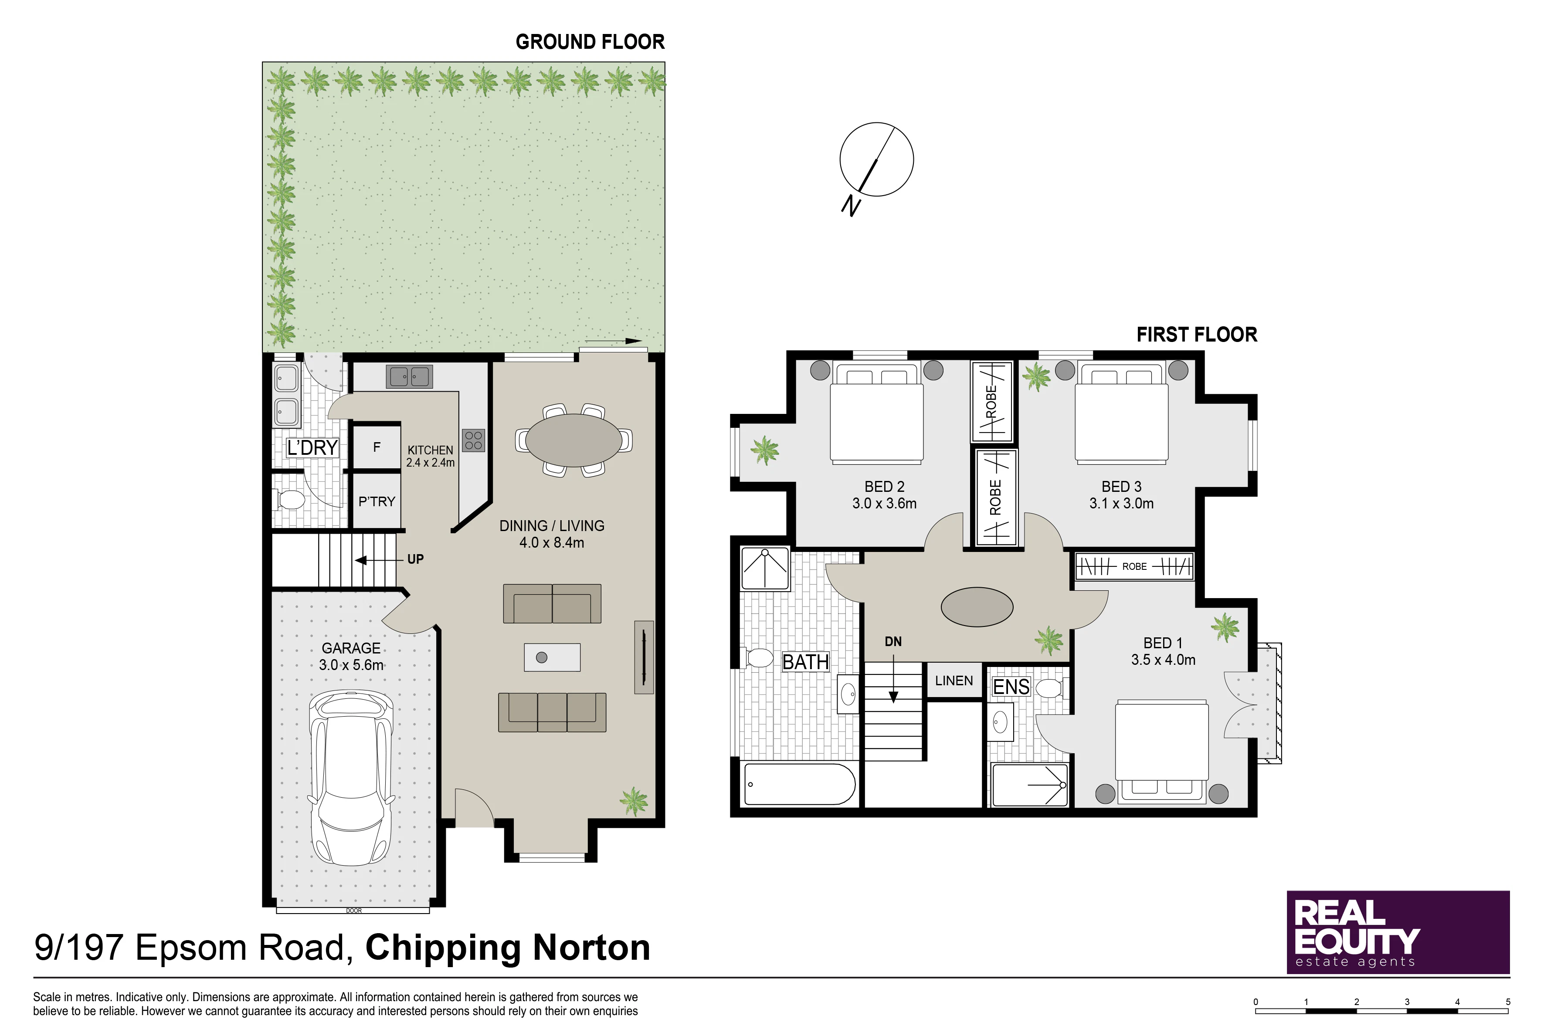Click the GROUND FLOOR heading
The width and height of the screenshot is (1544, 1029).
click(590, 42)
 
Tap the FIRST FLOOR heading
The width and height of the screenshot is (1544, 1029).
click(1197, 335)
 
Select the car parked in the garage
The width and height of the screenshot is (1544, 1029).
click(352, 777)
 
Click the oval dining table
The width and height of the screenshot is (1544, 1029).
click(574, 440)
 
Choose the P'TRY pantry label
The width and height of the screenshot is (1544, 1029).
click(377, 501)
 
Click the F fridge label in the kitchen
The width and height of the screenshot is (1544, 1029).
click(377, 447)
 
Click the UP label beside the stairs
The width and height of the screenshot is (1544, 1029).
click(416, 559)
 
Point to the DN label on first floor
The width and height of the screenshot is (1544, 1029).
click(893, 642)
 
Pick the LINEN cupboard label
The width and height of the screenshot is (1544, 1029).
click(954, 680)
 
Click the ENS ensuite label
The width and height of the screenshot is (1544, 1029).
click(1011, 687)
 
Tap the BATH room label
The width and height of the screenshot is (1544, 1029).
click(805, 662)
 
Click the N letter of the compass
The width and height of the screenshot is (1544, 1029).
click(851, 206)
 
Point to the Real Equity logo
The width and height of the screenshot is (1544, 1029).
click(1398, 932)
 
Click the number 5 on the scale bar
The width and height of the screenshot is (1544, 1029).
click(1508, 1002)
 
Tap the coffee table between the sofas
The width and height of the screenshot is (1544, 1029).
click(552, 657)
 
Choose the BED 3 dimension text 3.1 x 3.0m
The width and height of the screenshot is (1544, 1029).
click(1121, 503)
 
